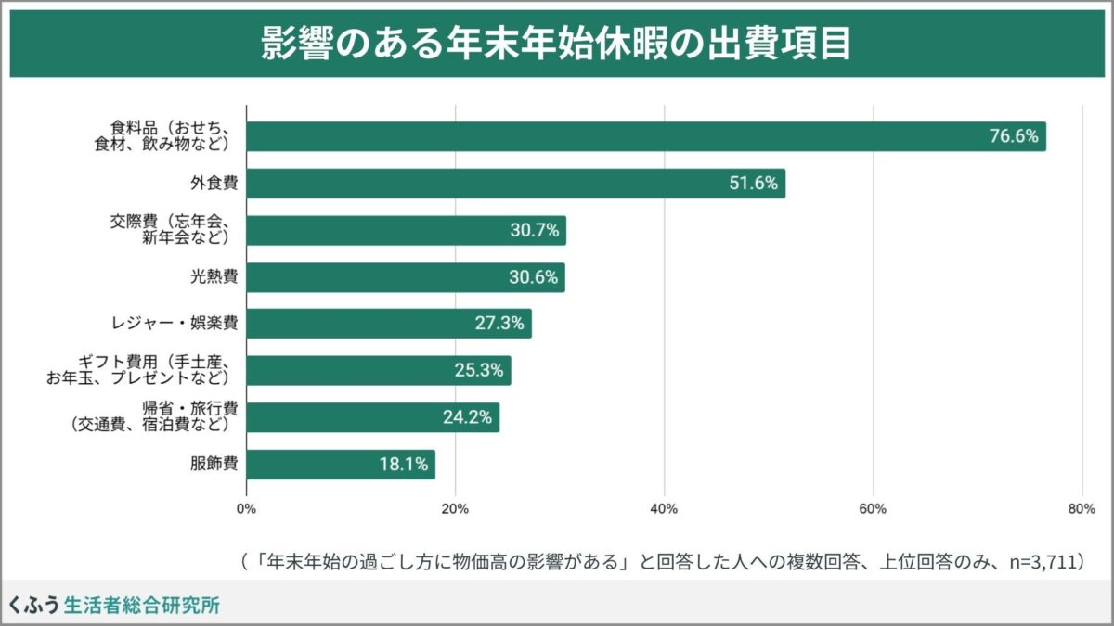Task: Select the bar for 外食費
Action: point(515,184)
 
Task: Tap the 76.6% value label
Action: point(1013,136)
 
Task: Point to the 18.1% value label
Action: point(403,464)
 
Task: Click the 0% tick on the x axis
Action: point(246,508)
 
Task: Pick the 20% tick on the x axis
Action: point(455,508)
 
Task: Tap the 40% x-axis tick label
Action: point(664,508)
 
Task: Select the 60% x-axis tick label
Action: point(873,508)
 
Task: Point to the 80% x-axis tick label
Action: point(1082,508)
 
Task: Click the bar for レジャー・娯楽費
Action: point(389,324)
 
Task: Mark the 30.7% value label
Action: point(534,231)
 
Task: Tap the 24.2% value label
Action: point(467,417)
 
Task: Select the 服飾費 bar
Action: point(341,464)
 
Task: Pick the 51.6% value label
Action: point(753,184)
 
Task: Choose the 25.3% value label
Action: point(479,371)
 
